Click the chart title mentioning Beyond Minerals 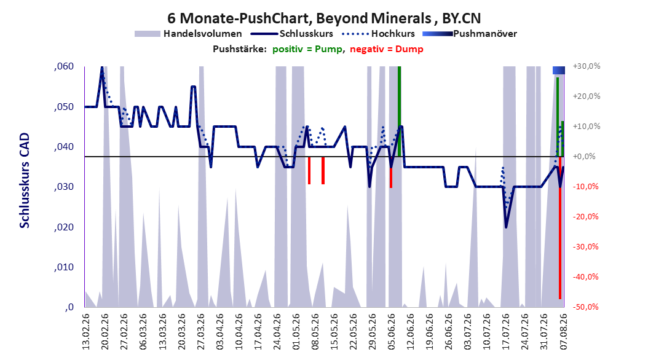(324, 18)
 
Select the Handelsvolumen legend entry (189, 34)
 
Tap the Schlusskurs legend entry (292, 34)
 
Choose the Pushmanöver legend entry (470, 34)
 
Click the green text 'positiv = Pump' (307, 49)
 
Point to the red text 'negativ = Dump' (387, 49)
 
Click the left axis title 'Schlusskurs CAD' (25, 181)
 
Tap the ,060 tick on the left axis (64, 66)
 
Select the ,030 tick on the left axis (64, 187)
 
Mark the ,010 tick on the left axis (64, 267)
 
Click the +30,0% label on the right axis (587, 66)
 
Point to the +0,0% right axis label (584, 157)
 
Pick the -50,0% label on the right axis (585, 307)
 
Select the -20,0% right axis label (585, 217)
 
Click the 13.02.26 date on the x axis (86, 332)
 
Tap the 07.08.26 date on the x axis (563, 332)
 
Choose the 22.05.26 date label (353, 332)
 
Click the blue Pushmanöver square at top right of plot (559, 70)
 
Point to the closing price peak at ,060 (102, 68)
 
